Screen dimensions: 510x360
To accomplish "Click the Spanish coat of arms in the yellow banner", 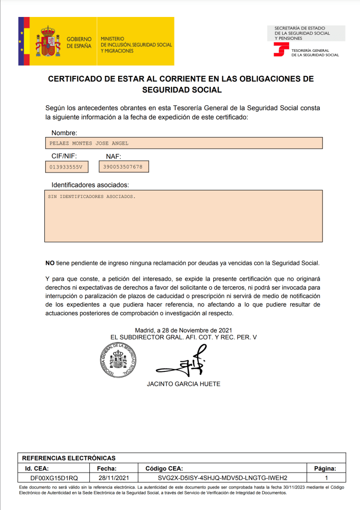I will (x=48, y=41).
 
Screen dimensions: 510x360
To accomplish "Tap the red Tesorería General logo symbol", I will (x=281, y=50).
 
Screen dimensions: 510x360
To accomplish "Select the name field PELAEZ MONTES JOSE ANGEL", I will (x=89, y=143).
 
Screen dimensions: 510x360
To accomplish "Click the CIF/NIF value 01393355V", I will (x=65, y=167).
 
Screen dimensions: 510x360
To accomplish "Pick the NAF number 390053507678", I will (x=123, y=167).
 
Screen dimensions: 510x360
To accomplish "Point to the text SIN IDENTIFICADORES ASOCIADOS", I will (x=91, y=196).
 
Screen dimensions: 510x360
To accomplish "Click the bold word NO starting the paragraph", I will (x=50, y=263).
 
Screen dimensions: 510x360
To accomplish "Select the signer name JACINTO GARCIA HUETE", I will (x=183, y=384).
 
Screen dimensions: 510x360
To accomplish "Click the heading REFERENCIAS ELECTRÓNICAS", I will (x=69, y=458).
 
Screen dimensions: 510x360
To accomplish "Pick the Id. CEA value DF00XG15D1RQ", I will (x=54, y=478).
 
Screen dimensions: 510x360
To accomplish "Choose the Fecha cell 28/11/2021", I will (x=114, y=478).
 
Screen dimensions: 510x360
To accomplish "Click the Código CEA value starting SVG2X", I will (x=222, y=478).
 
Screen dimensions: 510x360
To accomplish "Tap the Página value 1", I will (x=326, y=478).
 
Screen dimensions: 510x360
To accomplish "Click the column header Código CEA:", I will (x=164, y=468).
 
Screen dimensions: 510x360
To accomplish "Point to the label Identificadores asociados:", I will (x=90, y=185).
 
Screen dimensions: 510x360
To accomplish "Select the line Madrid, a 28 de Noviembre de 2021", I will (x=183, y=330).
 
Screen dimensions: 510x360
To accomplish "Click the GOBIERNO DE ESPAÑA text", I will (x=79, y=42).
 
